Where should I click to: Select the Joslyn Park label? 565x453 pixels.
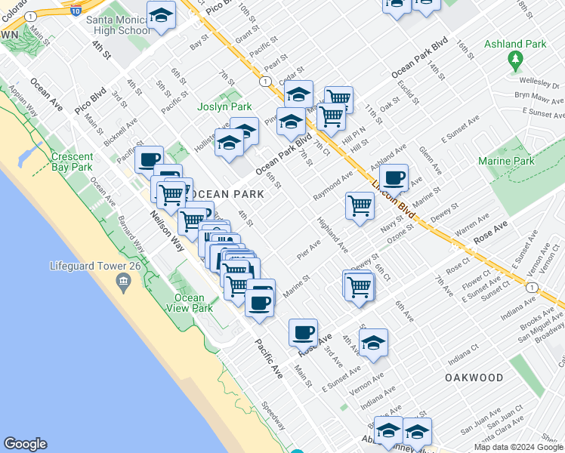point(224,107)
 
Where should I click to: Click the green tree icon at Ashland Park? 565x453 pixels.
point(516,59)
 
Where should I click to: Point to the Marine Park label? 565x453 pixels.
point(505,161)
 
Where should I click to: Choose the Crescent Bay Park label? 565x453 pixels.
point(72,162)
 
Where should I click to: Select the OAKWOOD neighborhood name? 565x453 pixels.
point(474,377)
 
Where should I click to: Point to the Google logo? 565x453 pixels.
point(26,444)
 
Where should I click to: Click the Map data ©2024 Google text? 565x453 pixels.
point(518,447)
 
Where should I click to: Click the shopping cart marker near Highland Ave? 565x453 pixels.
point(360,205)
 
